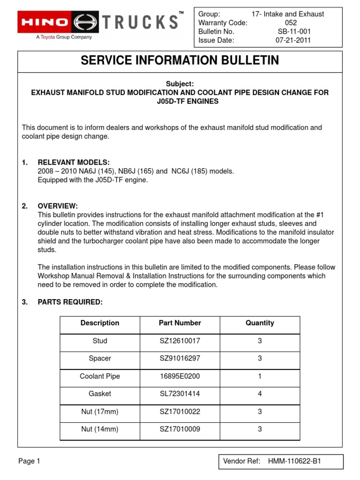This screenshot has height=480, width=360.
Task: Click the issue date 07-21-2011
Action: pos(293,40)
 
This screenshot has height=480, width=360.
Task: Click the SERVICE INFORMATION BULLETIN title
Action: pos(180,60)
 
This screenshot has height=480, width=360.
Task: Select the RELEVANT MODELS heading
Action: pos(74,162)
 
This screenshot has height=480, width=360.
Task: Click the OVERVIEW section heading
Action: pos(58,206)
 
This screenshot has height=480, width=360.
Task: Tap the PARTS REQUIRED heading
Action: pos(70,302)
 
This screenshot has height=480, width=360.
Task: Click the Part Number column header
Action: pos(180,323)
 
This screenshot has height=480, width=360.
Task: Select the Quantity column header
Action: pos(260,323)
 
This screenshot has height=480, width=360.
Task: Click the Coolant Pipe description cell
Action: pos(100,376)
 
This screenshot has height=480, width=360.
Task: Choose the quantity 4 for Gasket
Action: pos(260,394)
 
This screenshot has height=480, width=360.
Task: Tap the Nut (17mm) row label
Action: pos(100,412)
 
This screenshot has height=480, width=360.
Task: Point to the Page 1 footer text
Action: pos(29,461)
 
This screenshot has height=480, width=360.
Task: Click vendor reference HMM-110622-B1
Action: pos(294,462)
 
